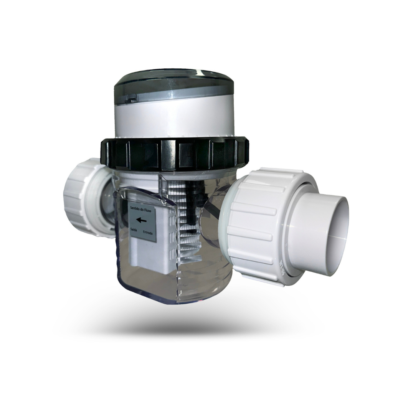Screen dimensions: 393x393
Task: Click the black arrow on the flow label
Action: [141, 220]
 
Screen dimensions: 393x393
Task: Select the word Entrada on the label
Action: [148, 232]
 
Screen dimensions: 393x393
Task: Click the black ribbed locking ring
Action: [173, 154]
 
